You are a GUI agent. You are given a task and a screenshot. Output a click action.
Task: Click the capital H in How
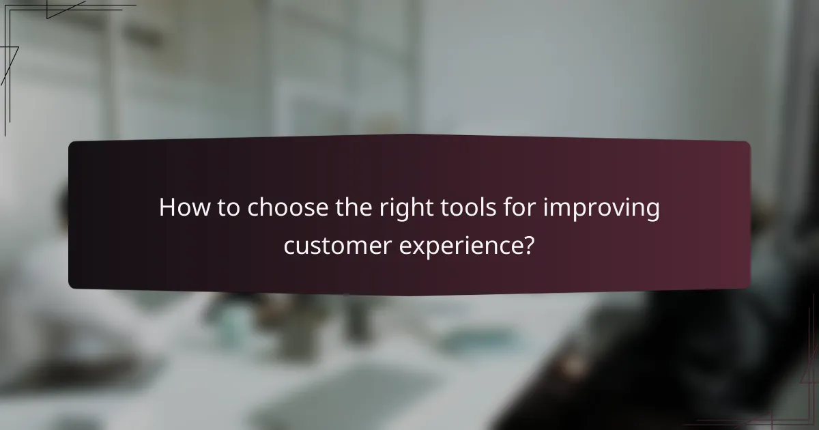pos(167,208)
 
